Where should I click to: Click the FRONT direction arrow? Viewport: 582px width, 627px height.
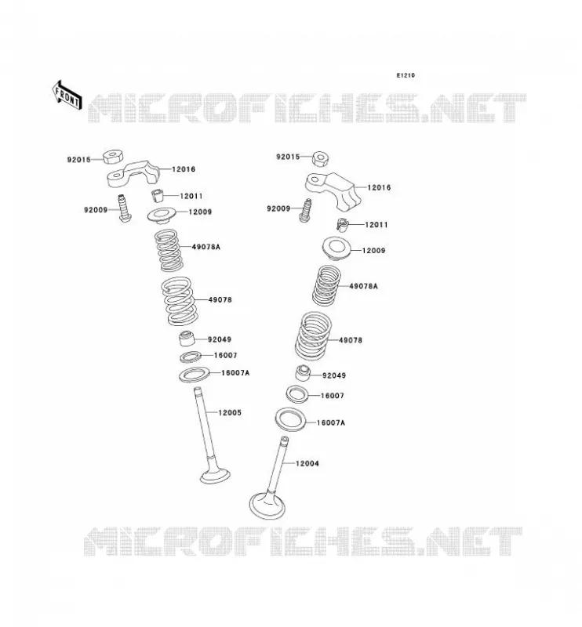pyautogui.click(x=67, y=95)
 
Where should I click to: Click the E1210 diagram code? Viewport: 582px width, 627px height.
pyautogui.click(x=406, y=75)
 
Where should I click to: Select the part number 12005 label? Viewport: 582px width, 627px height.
pyautogui.click(x=230, y=412)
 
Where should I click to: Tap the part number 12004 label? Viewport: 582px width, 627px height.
pyautogui.click(x=307, y=463)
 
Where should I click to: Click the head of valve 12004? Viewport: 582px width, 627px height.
pyautogui.click(x=267, y=506)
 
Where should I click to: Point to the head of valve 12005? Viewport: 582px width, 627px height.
pyautogui.click(x=216, y=475)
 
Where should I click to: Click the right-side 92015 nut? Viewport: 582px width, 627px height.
pyautogui.click(x=321, y=159)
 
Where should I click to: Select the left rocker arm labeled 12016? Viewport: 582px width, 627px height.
pyautogui.click(x=133, y=173)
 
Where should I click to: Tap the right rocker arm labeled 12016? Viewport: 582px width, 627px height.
pyautogui.click(x=332, y=190)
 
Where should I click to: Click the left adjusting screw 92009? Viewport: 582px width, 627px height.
pyautogui.click(x=123, y=208)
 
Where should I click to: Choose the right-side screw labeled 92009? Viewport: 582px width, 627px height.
pyautogui.click(x=306, y=210)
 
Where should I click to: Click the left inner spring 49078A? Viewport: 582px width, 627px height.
pyautogui.click(x=169, y=250)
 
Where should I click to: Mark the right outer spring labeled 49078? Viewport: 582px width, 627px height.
pyautogui.click(x=314, y=336)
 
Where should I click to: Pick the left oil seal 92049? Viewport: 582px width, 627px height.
pyautogui.click(x=187, y=339)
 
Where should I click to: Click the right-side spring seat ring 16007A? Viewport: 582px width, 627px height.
pyautogui.click(x=290, y=420)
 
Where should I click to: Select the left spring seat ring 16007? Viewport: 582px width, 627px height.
pyautogui.click(x=191, y=357)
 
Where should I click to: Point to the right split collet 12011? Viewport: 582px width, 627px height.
pyautogui.click(x=342, y=225)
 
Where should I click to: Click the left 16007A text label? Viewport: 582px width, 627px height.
pyautogui.click(x=235, y=373)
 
